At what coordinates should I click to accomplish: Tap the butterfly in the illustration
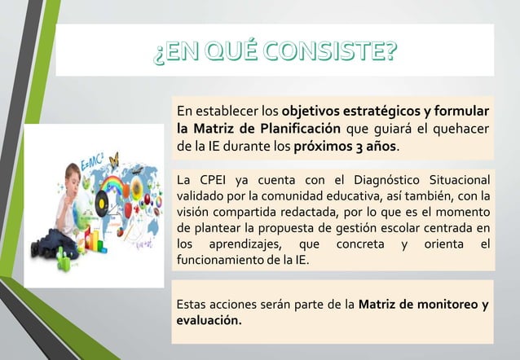[113, 159]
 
